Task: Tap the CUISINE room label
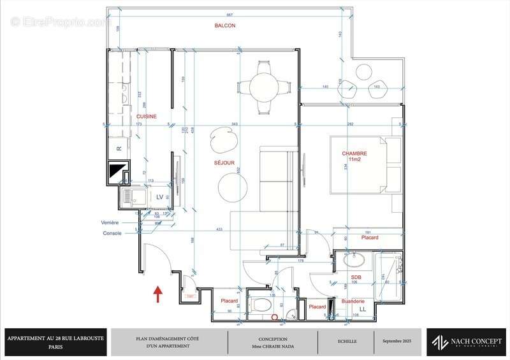pos(146,117)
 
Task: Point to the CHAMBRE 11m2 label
pos(354,157)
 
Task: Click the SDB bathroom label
pos(356,277)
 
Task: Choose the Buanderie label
pos(353,301)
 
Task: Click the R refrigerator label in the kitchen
pos(119,148)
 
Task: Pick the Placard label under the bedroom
pos(370,238)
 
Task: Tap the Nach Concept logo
pos(467,342)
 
